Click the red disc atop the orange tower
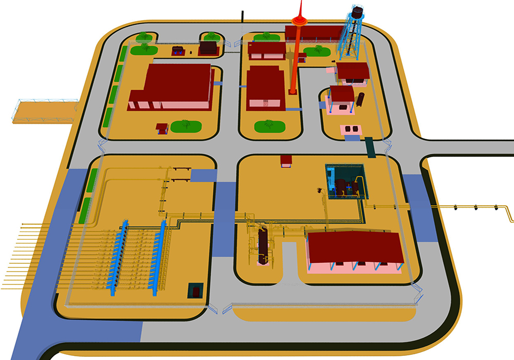(x=298, y=21)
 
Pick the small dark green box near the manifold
(x=196, y=291)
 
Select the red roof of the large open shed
(x=355, y=246)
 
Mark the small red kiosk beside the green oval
(x=162, y=127)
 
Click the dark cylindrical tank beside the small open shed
(x=361, y=99)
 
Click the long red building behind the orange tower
(x=314, y=33)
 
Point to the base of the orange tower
(x=292, y=92)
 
